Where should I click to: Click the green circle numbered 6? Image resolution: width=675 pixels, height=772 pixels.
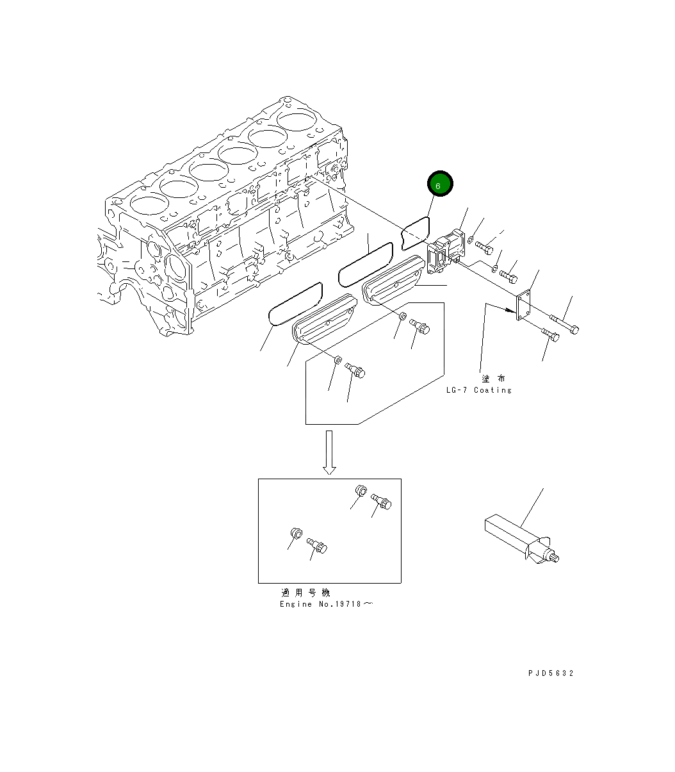[x=440, y=185]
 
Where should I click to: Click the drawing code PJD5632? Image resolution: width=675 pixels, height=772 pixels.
[x=551, y=673]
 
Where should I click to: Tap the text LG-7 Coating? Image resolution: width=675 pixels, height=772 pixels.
[x=479, y=390]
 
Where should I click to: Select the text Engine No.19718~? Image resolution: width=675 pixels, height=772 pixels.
[x=325, y=604]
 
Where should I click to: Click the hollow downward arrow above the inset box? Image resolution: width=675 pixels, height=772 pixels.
[x=329, y=452]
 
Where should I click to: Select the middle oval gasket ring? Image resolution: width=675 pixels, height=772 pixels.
[x=365, y=264]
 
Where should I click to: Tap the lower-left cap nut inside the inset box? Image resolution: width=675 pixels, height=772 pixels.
[x=297, y=533]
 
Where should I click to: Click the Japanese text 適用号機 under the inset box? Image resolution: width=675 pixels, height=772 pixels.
[x=305, y=593]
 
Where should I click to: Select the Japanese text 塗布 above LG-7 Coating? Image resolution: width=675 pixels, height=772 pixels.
[x=493, y=379]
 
